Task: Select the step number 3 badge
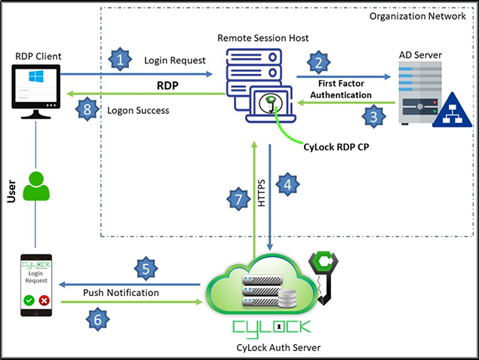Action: coord(371,116)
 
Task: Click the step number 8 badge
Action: coord(88,109)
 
